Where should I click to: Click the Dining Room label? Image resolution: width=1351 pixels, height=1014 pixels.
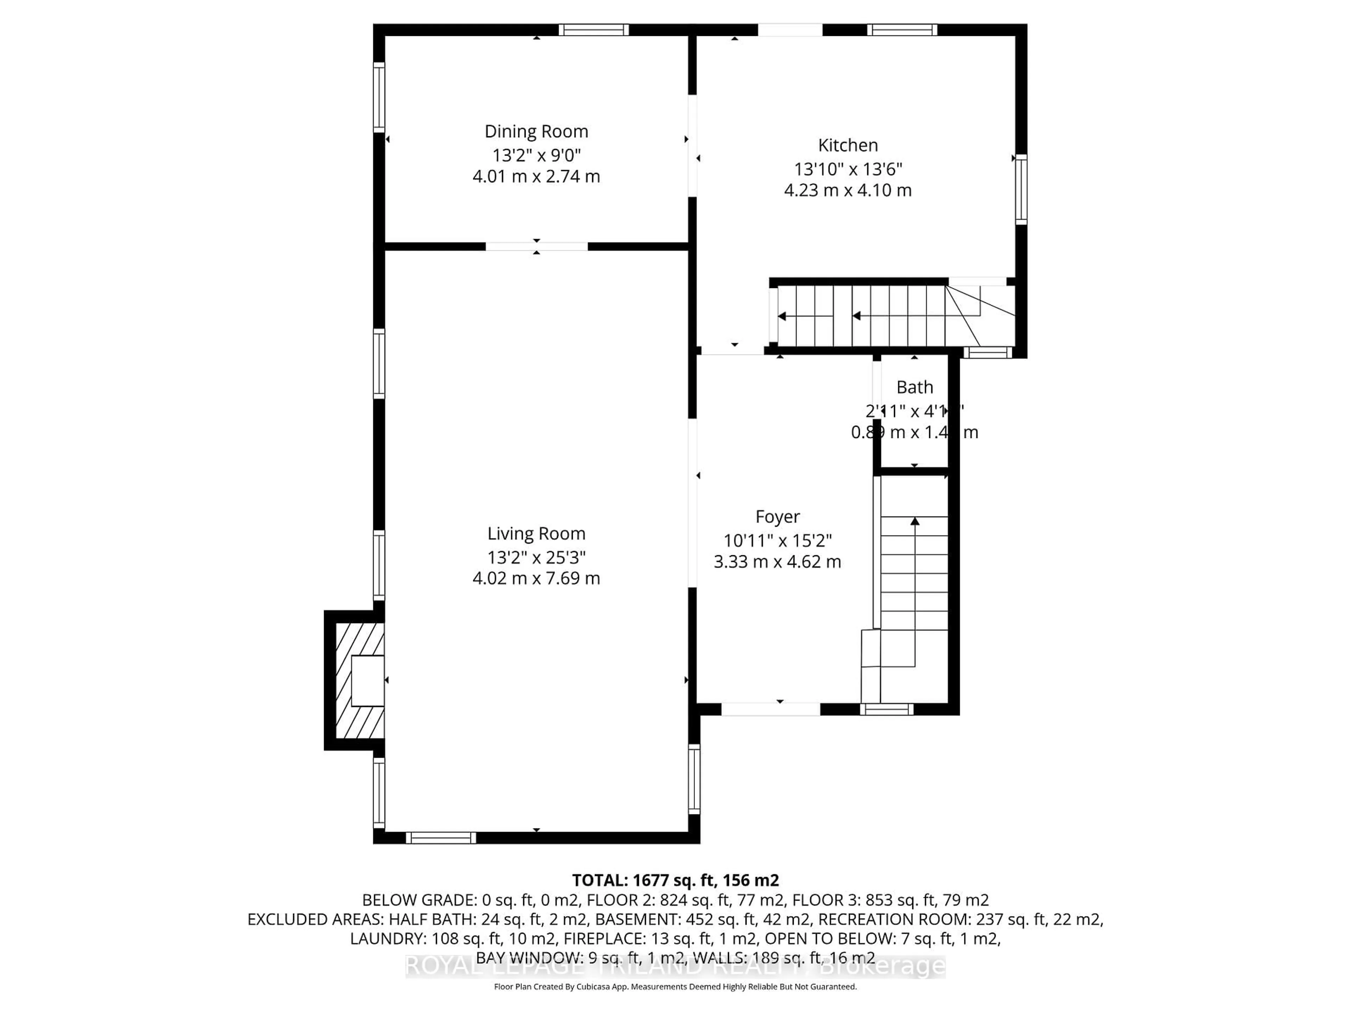[x=536, y=131]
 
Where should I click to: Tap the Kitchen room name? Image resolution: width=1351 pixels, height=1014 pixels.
[x=848, y=145]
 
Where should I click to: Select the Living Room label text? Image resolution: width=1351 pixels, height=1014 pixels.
[x=536, y=534]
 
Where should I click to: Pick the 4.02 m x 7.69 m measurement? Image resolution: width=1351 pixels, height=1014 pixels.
[x=536, y=578]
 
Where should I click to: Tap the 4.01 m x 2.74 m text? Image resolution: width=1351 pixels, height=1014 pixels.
[x=536, y=177]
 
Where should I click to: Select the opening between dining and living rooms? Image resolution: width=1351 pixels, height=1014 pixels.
[x=536, y=246]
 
